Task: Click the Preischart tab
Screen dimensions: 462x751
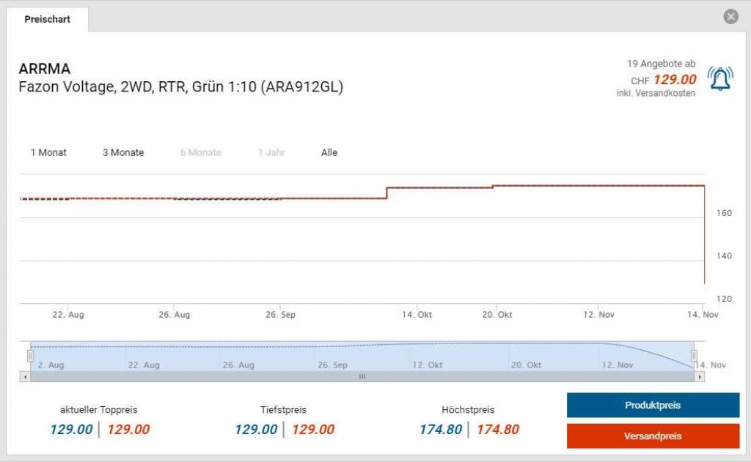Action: pyautogui.click(x=48, y=19)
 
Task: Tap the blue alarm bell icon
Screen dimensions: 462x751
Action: pyautogui.click(x=719, y=78)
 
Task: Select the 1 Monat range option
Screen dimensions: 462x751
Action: pyautogui.click(x=48, y=152)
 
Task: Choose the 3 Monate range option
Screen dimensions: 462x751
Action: pyautogui.click(x=123, y=152)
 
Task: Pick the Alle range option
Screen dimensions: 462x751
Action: pyautogui.click(x=329, y=152)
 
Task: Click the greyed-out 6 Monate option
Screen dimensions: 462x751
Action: pyautogui.click(x=201, y=152)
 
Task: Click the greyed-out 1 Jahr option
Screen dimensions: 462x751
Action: pyautogui.click(x=271, y=152)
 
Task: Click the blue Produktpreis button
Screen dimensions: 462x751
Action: pyautogui.click(x=653, y=405)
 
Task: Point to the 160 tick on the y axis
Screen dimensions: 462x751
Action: pyautogui.click(x=724, y=213)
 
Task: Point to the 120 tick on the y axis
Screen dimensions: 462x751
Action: pyautogui.click(x=724, y=299)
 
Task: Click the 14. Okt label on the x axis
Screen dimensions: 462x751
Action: pyautogui.click(x=417, y=314)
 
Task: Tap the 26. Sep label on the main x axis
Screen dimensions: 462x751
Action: pyautogui.click(x=280, y=314)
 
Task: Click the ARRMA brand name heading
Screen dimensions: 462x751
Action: pyautogui.click(x=45, y=69)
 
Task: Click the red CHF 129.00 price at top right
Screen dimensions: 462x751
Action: pyautogui.click(x=674, y=80)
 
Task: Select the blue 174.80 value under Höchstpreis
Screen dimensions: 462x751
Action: pyautogui.click(x=441, y=430)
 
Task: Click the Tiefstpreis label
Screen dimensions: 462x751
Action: pyautogui.click(x=283, y=410)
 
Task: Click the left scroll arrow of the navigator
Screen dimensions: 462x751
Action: pyautogui.click(x=26, y=376)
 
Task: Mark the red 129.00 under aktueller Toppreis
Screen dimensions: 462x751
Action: pyautogui.click(x=128, y=430)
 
